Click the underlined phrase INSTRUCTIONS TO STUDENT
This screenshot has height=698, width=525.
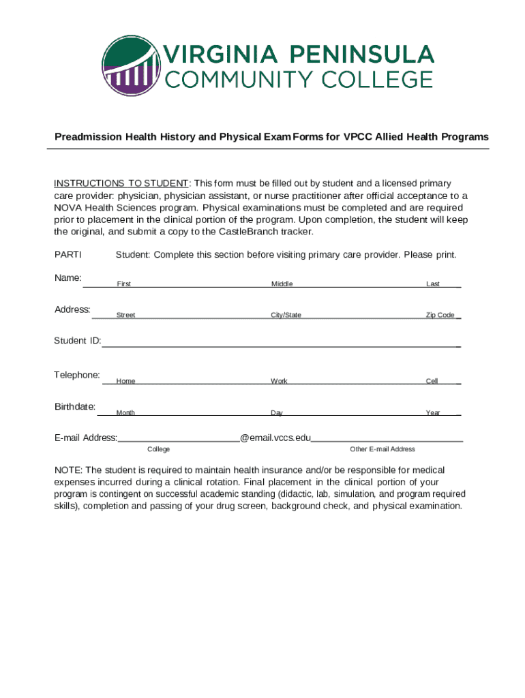(x=121, y=183)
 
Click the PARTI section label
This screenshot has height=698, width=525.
(x=67, y=255)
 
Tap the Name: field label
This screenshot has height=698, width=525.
(x=68, y=278)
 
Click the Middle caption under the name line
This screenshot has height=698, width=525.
(x=282, y=284)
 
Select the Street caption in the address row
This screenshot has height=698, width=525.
(x=125, y=316)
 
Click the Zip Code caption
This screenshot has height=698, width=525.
(x=440, y=316)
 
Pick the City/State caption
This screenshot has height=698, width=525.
(x=286, y=316)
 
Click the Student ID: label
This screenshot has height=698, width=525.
(x=78, y=341)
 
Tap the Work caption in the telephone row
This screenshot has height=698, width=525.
(x=279, y=381)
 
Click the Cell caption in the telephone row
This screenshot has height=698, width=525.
(x=432, y=381)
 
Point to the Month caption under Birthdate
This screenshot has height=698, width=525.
(x=125, y=413)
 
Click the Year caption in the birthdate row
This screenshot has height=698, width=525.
(x=432, y=413)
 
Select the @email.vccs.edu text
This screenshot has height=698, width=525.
(x=275, y=438)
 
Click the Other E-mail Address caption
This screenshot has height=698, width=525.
(x=382, y=449)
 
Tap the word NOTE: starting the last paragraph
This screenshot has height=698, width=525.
(x=69, y=470)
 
